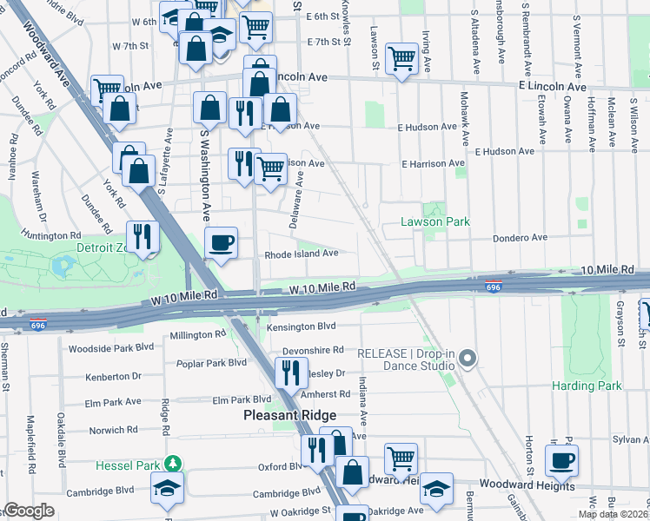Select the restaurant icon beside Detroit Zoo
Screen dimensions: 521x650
click(x=143, y=236)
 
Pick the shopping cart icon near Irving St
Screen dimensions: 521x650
click(x=401, y=60)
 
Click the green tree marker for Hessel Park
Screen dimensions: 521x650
click(x=175, y=464)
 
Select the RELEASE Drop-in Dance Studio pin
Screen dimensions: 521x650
click(x=468, y=358)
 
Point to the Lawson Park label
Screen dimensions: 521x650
click(x=434, y=222)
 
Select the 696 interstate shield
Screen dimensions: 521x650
click(x=493, y=287)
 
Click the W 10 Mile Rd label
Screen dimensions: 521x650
click(x=322, y=287)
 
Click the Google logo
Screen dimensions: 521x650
click(x=30, y=511)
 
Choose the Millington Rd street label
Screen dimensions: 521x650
click(x=197, y=335)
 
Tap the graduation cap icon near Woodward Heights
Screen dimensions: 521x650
click(x=437, y=489)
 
